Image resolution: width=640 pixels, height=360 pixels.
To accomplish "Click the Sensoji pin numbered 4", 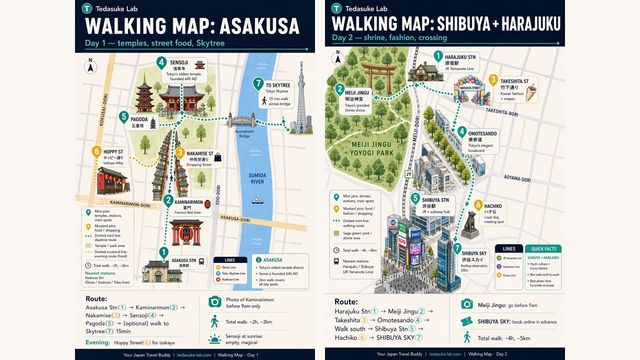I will (161, 63).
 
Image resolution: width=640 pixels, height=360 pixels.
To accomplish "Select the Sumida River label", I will (257, 178).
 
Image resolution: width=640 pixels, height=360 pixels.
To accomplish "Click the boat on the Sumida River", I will (258, 200).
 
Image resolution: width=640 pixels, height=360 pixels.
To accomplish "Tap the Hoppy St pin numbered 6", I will (96, 151).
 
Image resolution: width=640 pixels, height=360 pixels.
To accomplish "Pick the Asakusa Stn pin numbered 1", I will (162, 253).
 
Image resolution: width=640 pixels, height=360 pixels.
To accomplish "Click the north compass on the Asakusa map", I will (90, 66).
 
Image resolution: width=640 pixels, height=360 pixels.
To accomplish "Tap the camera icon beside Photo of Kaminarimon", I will (215, 301).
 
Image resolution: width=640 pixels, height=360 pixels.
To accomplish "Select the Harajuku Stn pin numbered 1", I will (438, 56).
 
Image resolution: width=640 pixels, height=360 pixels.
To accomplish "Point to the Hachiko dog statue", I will (471, 223).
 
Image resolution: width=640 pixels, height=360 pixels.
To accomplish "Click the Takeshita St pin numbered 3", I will (493, 80).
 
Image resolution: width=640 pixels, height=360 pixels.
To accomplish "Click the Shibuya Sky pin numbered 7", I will (457, 248).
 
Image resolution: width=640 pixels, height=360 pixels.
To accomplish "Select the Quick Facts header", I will (543, 248).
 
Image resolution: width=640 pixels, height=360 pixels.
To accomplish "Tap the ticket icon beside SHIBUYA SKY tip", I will (467, 321).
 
